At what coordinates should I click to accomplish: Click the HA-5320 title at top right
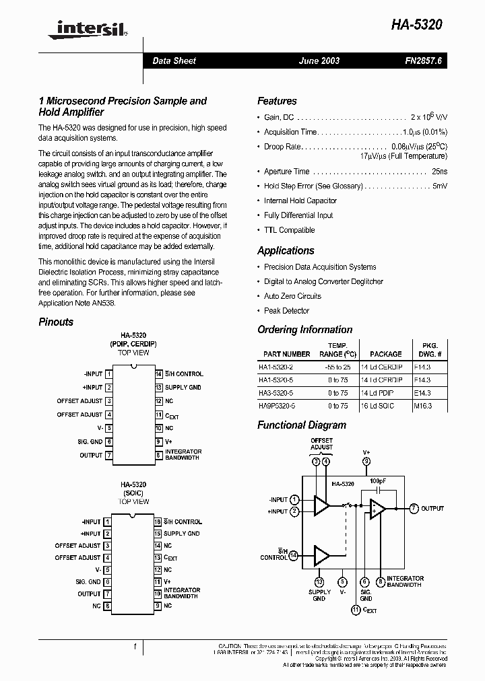point(417,25)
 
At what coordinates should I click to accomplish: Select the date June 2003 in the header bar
point(319,61)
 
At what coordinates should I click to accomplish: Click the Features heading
point(277,101)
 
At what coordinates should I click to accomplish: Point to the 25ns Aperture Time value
point(439,172)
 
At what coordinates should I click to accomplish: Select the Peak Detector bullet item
point(286,311)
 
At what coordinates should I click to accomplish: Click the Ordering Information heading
point(304,330)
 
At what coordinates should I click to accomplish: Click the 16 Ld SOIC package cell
point(386,406)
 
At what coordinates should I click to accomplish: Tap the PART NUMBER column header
point(287,354)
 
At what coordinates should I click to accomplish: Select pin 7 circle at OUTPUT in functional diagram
point(414,508)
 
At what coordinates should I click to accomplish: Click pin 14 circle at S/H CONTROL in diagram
point(293,555)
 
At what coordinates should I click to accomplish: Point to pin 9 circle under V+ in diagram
point(366,462)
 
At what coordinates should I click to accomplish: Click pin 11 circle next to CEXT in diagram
point(355,610)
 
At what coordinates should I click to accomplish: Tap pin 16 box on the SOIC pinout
point(158,522)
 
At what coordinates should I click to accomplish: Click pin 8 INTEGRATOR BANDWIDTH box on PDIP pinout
point(158,455)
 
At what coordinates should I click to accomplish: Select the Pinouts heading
point(56,322)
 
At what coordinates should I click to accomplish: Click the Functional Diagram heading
point(302,425)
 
